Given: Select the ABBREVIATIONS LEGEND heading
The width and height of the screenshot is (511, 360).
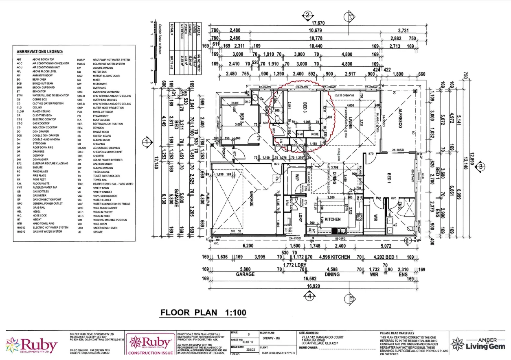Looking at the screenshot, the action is pos(40,52).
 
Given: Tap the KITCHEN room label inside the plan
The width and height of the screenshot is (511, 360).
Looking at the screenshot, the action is pos(332,219).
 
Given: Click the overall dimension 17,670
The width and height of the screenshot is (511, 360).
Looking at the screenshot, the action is pos(319,23).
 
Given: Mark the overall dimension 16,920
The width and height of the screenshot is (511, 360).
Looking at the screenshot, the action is pos(311,286).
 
